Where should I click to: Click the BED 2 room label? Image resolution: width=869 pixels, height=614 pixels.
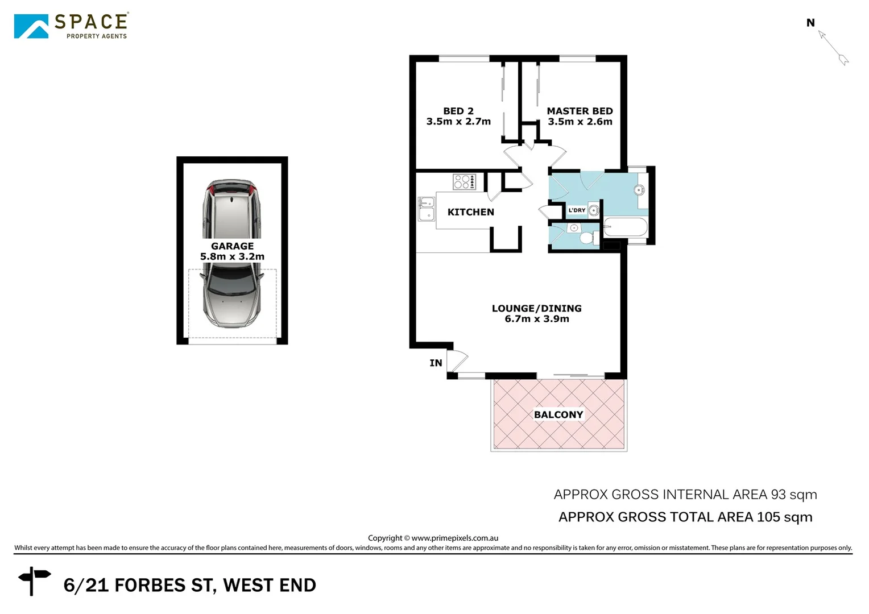click(458, 111)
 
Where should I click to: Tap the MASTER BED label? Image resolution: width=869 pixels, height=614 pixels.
click(580, 111)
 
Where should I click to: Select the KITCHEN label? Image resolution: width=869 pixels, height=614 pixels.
click(470, 212)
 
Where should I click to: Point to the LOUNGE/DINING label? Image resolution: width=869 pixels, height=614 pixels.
click(536, 309)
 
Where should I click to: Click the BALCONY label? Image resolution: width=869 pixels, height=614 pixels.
click(558, 415)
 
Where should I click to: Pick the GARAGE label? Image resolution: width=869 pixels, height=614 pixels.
click(232, 246)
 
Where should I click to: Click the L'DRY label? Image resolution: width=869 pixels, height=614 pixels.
click(577, 210)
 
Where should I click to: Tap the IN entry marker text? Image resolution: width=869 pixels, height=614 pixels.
click(436, 363)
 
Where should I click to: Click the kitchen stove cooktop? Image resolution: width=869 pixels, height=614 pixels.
click(464, 182)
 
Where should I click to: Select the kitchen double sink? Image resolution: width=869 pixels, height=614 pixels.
click(425, 209)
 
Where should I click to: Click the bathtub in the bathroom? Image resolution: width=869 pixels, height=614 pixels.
click(625, 227)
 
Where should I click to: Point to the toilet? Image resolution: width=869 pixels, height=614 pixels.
click(585, 237)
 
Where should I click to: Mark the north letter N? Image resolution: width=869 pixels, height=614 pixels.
click(810, 23)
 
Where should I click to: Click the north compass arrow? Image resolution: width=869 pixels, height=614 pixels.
click(834, 48)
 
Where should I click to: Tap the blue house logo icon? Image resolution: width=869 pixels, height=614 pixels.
click(31, 27)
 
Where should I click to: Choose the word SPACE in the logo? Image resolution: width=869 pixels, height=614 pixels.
click(91, 22)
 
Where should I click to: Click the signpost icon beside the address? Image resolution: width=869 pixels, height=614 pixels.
click(34, 579)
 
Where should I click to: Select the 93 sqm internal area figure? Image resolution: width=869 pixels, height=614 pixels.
click(794, 495)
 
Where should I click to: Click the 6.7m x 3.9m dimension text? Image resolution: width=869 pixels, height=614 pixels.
click(536, 319)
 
